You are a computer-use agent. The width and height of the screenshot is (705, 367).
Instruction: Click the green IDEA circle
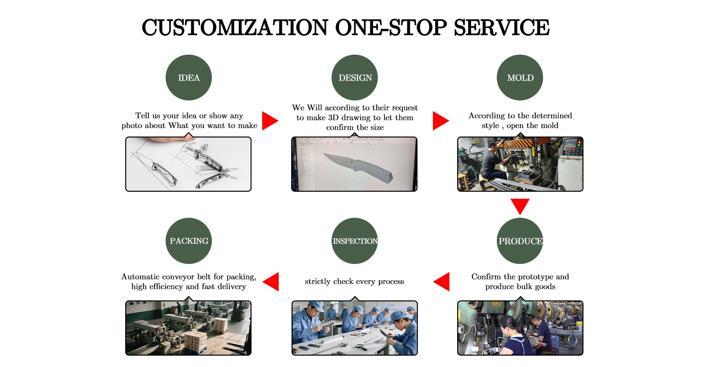(189, 77)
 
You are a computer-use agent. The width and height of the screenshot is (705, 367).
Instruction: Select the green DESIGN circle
(355, 77)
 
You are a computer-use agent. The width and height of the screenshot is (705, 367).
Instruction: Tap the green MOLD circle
(520, 77)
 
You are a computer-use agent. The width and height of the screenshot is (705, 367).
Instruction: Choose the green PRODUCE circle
(520, 241)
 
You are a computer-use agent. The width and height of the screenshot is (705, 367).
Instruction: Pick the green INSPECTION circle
(355, 241)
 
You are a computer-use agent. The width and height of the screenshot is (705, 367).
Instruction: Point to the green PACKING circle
(189, 241)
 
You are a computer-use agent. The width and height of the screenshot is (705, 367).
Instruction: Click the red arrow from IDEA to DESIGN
(270, 121)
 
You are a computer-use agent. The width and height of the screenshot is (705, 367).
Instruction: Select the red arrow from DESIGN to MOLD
(441, 121)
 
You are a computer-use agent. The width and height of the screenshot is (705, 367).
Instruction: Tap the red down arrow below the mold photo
(520, 206)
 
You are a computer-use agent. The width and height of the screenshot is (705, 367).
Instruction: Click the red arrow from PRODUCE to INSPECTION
(441, 282)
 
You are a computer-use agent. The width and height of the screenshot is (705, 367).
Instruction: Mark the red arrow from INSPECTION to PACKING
(271, 282)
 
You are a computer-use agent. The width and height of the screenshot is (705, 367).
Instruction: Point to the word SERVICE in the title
(502, 27)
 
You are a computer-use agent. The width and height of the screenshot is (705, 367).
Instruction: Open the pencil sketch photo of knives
(188, 164)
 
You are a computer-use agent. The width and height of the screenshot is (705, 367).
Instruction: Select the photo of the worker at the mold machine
(520, 164)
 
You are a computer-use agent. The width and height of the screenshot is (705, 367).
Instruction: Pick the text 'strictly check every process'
(354, 282)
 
